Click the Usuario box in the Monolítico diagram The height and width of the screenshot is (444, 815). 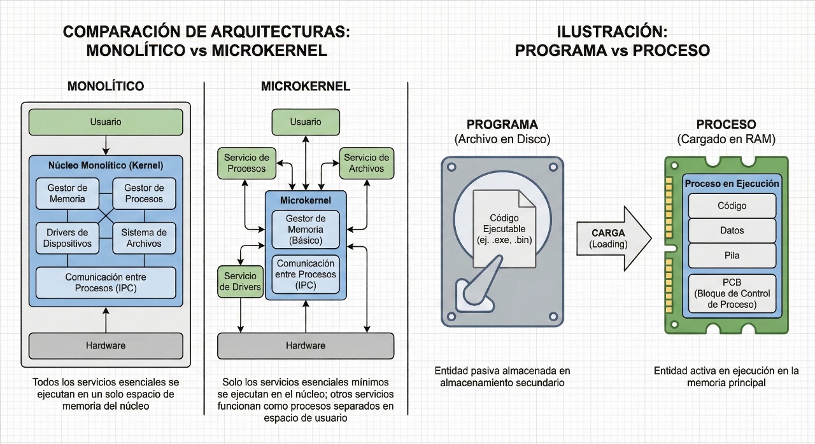pyautogui.click(x=106, y=121)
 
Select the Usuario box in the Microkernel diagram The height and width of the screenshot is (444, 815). pyautogui.click(x=306, y=121)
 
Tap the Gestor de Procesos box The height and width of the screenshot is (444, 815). pyautogui.click(x=144, y=193)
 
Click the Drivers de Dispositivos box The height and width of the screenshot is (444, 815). pyautogui.click(x=67, y=238)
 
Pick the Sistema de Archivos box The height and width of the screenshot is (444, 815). pyautogui.click(x=144, y=238)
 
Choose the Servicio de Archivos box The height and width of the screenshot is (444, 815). pyautogui.click(x=366, y=163)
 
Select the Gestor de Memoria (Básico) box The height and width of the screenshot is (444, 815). pyautogui.click(x=306, y=230)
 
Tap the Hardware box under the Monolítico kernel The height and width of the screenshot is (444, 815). pyautogui.click(x=106, y=345)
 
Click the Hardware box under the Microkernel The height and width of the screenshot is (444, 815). pyautogui.click(x=306, y=345)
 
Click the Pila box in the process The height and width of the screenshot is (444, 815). pyautogui.click(x=732, y=256)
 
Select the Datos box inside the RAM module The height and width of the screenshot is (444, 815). pyautogui.click(x=732, y=231)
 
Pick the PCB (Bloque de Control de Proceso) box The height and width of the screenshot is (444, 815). pyautogui.click(x=732, y=293)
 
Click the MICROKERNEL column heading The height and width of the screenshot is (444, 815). pyautogui.click(x=306, y=87)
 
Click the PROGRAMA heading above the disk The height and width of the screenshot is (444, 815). pyautogui.click(x=502, y=124)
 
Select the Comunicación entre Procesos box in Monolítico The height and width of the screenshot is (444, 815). pyautogui.click(x=106, y=282)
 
